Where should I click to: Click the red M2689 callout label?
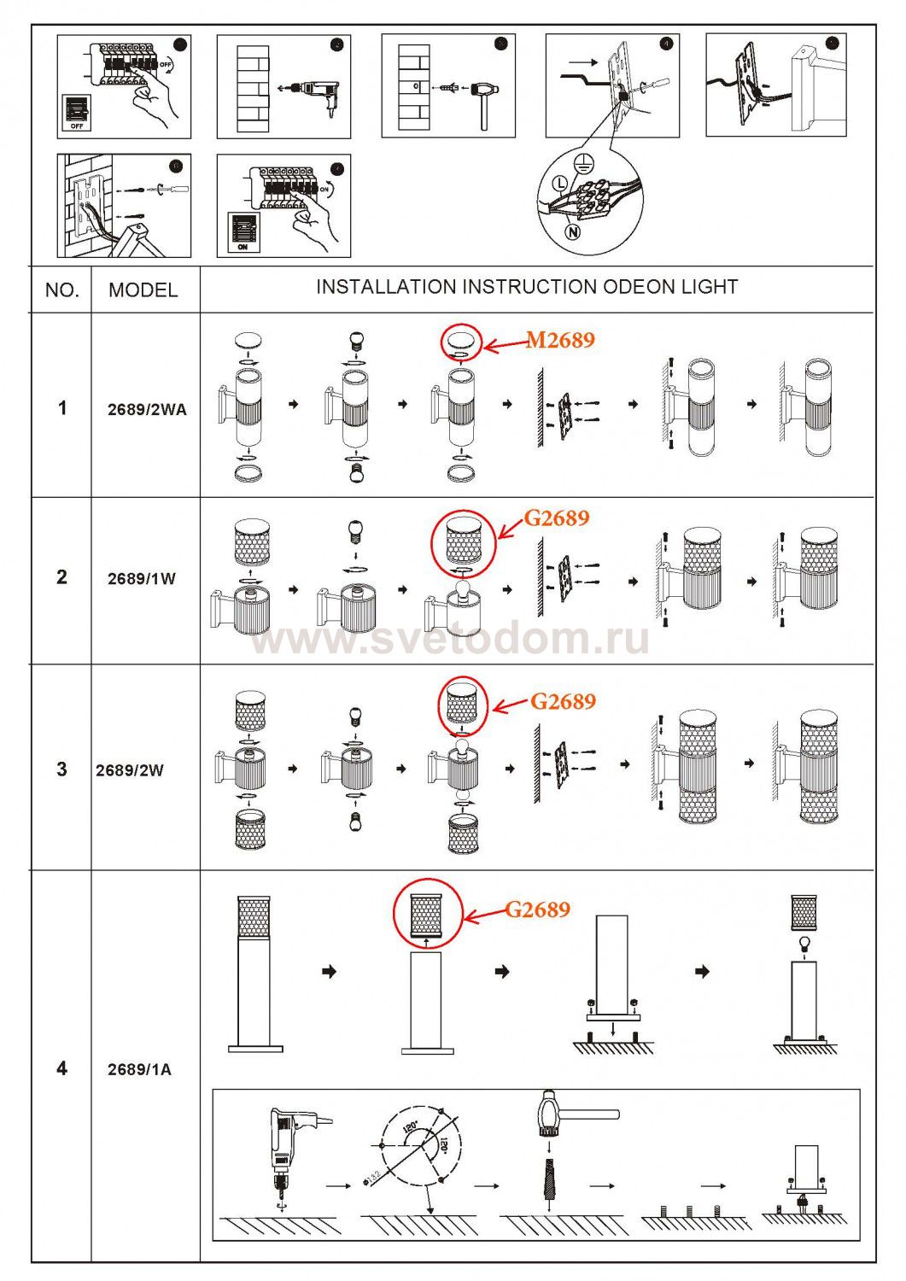click(x=559, y=340)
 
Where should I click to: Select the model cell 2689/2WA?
click(x=146, y=409)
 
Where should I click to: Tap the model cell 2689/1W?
click(x=142, y=578)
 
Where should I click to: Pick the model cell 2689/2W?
click(x=130, y=769)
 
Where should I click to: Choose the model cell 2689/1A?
click(x=139, y=1068)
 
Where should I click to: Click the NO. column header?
click(x=61, y=290)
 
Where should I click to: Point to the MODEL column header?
click(x=143, y=290)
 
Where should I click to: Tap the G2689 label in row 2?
click(x=556, y=518)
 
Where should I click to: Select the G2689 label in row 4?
click(x=537, y=910)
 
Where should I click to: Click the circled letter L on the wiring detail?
click(x=559, y=183)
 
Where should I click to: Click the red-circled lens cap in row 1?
click(x=461, y=341)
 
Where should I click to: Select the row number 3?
click(x=61, y=769)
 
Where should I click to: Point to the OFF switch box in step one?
click(x=77, y=112)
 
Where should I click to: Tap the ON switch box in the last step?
click(x=243, y=232)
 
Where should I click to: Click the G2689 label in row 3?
click(x=563, y=702)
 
